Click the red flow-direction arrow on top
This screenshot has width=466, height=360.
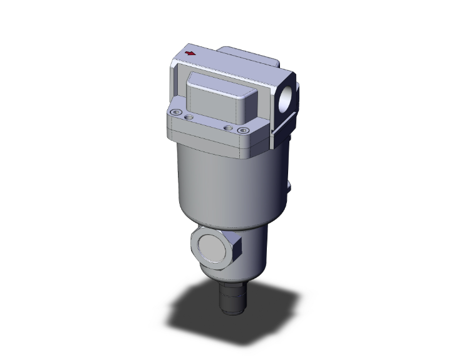click(190, 54)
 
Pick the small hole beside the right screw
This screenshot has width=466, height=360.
click(229, 128)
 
